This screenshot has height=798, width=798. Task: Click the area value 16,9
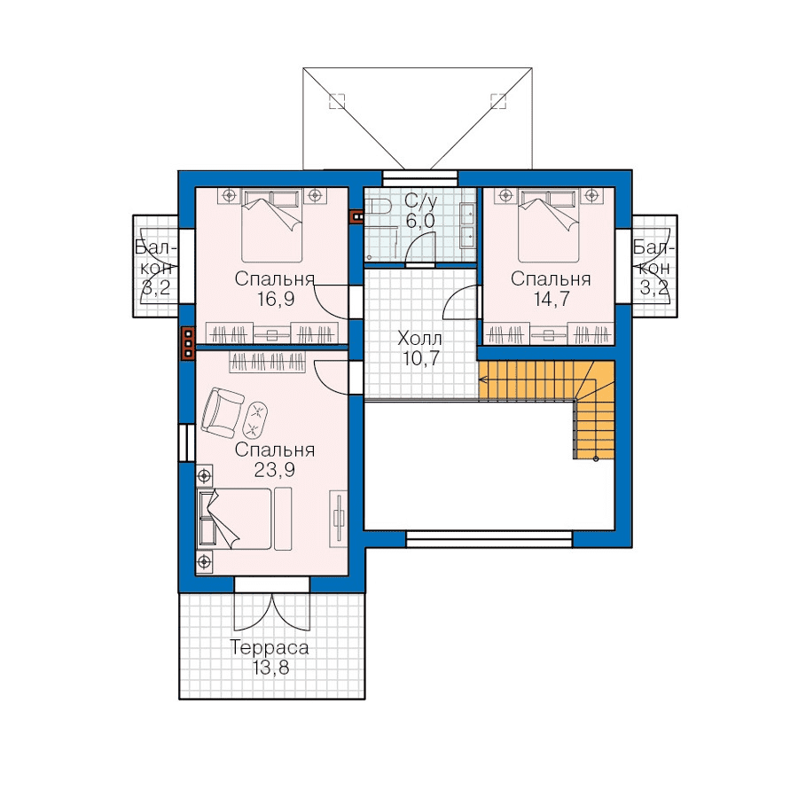coord(276,300)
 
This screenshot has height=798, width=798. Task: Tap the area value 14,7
coord(552,300)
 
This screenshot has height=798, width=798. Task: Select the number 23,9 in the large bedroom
coord(275,470)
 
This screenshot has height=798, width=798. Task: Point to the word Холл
coord(420,338)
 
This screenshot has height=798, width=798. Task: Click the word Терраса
coord(270,647)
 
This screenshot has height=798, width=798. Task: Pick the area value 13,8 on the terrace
coord(270,668)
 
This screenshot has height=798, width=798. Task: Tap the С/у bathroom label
coord(420,201)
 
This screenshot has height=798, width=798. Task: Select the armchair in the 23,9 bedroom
coord(223,412)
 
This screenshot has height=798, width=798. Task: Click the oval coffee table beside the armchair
coord(255,420)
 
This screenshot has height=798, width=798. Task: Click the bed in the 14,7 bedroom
coord(549,225)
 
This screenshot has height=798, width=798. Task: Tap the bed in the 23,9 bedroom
coord(234,519)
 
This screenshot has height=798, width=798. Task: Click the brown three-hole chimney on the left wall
coord(188,343)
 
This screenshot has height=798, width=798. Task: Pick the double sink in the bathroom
coord(467,225)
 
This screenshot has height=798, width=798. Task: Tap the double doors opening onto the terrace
coord(272,612)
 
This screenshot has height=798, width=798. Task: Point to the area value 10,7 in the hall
coord(420,359)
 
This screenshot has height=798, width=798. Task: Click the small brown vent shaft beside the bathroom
coord(357,217)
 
